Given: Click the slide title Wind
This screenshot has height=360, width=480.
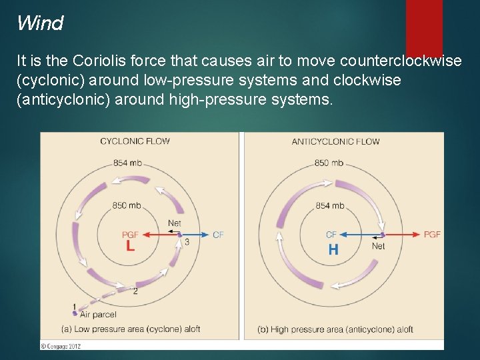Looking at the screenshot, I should pos(40,23).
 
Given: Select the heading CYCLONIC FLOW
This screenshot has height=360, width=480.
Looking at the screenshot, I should pos(135,141).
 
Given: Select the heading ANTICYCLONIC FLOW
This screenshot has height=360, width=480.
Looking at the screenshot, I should pos(335,141).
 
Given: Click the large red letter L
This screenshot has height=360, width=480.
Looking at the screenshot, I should pos(131,246).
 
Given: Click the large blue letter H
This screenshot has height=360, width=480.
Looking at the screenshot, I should pos(333,250).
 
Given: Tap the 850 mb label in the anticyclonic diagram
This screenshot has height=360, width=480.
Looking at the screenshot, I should pos(329,163).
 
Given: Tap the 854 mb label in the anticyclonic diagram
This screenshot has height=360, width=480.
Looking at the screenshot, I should pos(330,206).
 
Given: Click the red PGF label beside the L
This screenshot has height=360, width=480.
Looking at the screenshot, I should pos(131,235).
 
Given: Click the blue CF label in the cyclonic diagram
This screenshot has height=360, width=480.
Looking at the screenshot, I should pos(218,235).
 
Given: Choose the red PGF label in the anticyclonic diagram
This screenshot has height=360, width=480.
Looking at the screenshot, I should pos(432,235).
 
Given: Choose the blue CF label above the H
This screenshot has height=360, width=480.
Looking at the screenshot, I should pos(331,235).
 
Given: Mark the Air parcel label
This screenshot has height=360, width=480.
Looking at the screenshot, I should pos(97,314).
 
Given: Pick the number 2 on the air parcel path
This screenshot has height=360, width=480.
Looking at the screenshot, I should pos(135,291).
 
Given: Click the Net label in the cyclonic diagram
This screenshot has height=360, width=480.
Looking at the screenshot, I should pos(174,223).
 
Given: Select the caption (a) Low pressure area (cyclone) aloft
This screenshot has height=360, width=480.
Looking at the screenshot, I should pos(130,329).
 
